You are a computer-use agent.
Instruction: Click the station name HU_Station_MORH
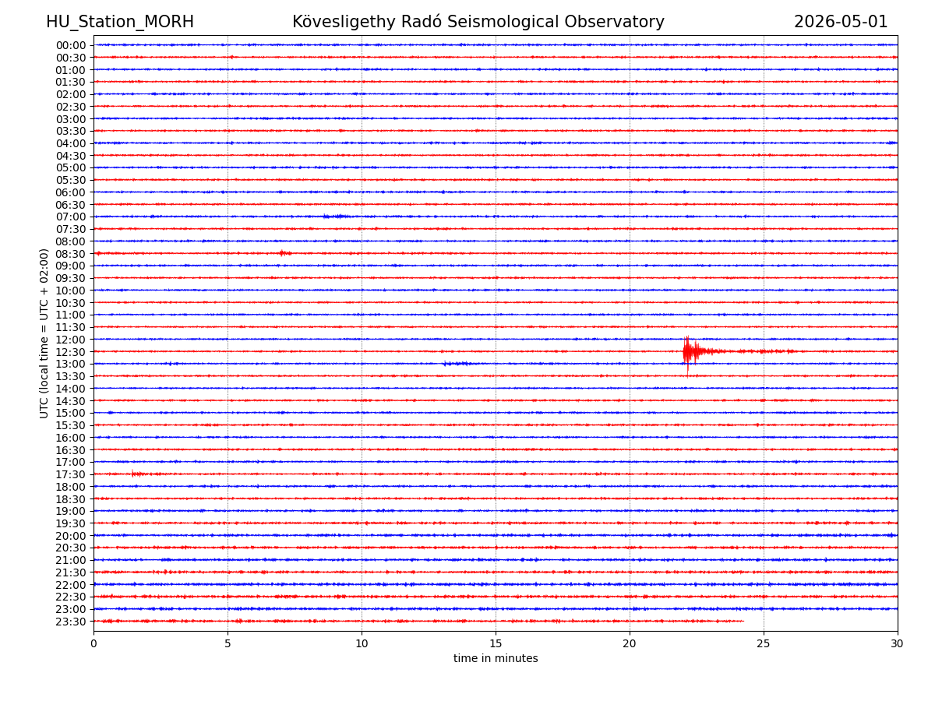(x=120, y=22)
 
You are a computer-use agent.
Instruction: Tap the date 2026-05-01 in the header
(x=841, y=22)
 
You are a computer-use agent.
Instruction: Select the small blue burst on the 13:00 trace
(x=456, y=364)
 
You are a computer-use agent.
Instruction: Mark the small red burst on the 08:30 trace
(x=285, y=253)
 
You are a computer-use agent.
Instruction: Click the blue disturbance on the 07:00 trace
(x=337, y=217)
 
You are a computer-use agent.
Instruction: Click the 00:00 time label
(x=71, y=45)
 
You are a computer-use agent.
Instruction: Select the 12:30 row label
(x=71, y=352)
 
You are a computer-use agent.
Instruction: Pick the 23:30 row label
(x=71, y=622)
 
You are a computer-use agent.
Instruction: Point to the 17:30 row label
(x=71, y=474)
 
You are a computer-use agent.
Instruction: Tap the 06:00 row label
(x=71, y=192)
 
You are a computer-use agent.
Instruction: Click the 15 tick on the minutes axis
(x=496, y=643)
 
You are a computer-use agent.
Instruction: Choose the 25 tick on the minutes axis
(x=764, y=643)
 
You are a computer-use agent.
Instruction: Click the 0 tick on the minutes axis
(x=93, y=643)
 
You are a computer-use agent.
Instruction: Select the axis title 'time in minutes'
(x=496, y=658)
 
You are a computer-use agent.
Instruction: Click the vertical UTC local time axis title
(x=44, y=333)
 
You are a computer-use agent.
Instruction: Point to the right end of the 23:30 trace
(x=744, y=621)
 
